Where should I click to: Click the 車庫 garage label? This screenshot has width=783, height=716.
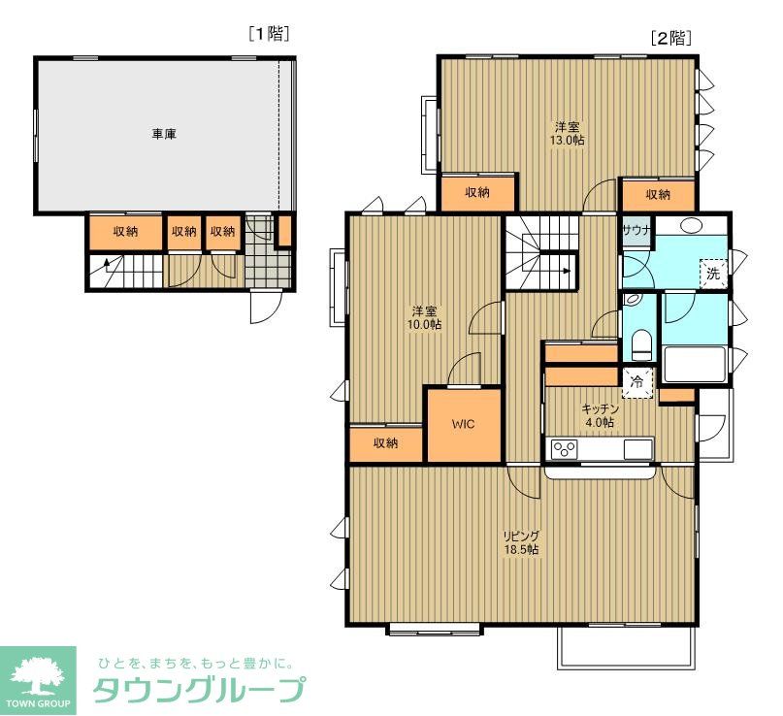pos(164,135)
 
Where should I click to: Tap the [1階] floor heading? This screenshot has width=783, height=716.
pos(269,34)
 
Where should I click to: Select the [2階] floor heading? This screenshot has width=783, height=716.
pos(669,39)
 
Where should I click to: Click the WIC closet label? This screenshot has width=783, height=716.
pos(464,425)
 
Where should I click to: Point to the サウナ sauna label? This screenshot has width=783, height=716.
pos(636,231)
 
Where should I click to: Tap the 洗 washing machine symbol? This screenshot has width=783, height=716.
pos(713,274)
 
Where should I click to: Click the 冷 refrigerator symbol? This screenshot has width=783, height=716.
pos(637,382)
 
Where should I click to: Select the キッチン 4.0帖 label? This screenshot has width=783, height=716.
pos(598,415)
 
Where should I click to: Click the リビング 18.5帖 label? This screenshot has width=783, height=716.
pos(521,542)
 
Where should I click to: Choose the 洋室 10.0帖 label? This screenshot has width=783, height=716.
pos(425,317)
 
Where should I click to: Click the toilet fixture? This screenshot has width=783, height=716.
pos(640,342)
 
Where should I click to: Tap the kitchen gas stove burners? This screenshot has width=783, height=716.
pos(565,448)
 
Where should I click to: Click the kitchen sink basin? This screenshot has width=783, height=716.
pos(637,448)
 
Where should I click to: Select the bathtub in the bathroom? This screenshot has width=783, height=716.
pos(693,365)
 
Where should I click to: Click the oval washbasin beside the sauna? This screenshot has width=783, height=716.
pos(692,226)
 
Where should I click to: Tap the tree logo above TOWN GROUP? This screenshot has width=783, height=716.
pos(38,672)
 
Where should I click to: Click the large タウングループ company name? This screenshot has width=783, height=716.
pos(198,690)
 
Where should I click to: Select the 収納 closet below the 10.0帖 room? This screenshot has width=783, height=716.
pos(385,443)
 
